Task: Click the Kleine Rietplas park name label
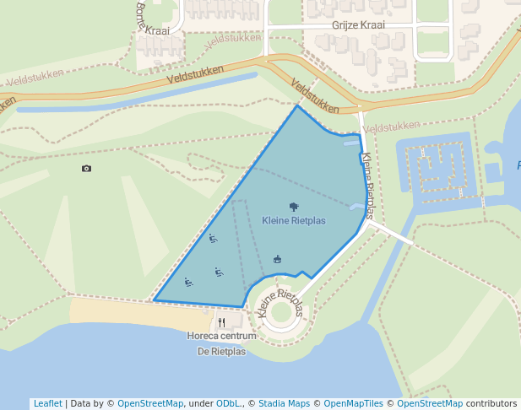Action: (x=293, y=221)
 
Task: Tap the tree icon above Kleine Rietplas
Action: (x=293, y=206)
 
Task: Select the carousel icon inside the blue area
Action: (x=277, y=259)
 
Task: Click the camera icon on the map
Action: (x=86, y=169)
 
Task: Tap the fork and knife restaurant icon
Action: (x=221, y=321)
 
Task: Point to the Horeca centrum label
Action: (x=221, y=336)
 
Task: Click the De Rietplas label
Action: (x=221, y=351)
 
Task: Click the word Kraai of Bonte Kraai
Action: (x=157, y=30)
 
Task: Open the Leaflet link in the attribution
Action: (x=47, y=403)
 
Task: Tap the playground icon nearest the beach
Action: (x=187, y=282)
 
